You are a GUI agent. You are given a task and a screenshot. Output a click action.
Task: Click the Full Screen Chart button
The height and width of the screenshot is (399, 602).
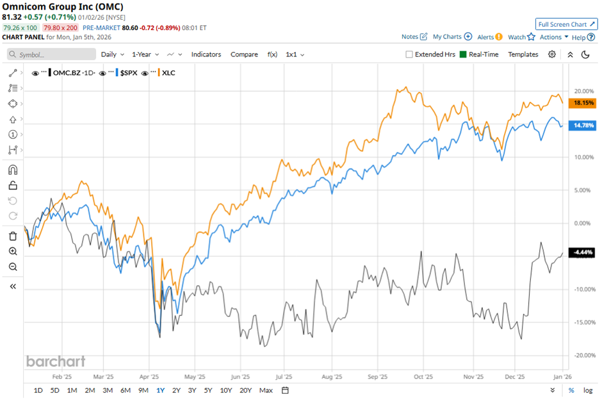566,24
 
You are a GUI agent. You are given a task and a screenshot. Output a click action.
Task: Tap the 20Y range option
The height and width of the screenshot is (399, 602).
245,390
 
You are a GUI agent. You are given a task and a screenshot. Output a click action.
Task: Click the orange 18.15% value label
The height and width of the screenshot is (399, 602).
583,102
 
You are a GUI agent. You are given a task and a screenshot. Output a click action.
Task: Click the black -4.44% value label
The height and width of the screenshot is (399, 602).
583,252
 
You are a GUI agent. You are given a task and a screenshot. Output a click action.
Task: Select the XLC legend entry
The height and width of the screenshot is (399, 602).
168,72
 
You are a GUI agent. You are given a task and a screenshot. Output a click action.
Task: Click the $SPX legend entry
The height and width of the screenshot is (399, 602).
130,72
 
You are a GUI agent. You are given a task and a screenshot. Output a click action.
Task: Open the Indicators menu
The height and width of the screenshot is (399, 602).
206,54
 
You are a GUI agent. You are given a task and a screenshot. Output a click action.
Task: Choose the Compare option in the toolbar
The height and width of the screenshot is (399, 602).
244,54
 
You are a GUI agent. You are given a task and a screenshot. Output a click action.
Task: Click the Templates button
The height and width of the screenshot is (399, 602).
523,54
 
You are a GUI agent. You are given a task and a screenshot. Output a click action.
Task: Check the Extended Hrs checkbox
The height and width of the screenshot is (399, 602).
409,54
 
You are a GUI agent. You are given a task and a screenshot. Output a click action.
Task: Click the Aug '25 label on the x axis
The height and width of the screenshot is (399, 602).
331,377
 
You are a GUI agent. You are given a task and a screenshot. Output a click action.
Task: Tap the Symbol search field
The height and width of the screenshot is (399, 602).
51,54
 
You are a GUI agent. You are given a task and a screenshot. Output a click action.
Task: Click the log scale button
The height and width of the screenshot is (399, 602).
588,390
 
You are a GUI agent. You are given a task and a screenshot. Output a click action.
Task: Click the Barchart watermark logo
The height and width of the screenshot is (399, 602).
56,361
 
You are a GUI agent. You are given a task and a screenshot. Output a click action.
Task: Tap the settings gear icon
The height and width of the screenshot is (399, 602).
552,54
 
